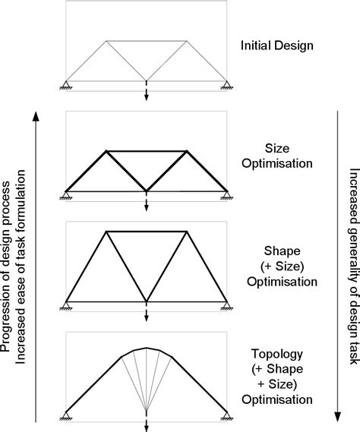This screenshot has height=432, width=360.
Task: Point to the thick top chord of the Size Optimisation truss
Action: click(146, 150)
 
